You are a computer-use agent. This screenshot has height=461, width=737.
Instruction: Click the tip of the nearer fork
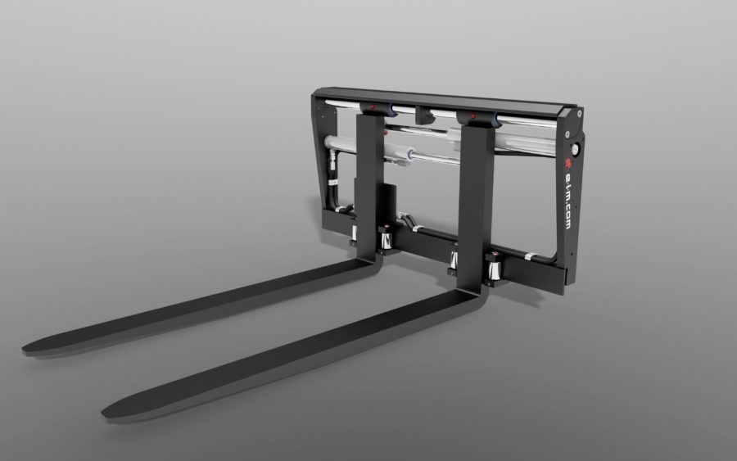tap(104, 413)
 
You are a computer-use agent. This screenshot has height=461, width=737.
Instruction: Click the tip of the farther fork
tap(25, 349)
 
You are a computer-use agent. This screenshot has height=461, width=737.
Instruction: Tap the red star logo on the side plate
tap(567, 164)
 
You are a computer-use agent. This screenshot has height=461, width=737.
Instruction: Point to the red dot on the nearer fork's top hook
tap(473, 115)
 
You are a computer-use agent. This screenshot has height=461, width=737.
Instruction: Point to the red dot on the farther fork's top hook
tap(373, 107)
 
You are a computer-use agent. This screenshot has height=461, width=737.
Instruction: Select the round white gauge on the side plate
tap(574, 149)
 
